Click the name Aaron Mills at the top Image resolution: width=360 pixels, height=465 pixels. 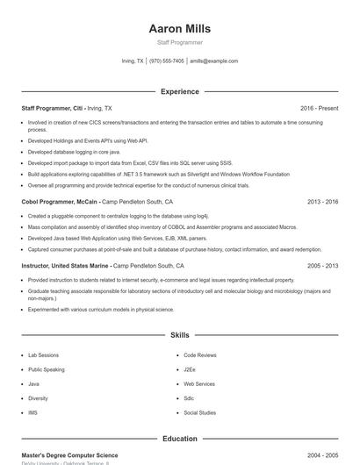(179, 29)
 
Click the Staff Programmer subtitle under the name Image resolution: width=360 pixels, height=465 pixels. (179, 42)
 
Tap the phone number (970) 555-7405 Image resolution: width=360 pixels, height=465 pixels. (167, 61)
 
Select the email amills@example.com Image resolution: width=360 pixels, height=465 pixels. (214, 61)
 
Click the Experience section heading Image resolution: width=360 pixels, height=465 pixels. (179, 91)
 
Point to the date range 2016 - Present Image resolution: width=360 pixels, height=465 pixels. (319, 108)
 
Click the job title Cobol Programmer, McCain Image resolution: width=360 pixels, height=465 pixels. (60, 202)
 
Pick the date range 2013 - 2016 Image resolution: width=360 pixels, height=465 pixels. (322, 202)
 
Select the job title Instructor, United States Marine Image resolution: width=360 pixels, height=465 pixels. (66, 266)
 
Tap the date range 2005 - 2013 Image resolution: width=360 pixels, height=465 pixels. (322, 266)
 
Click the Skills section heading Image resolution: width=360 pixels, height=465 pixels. (179, 335)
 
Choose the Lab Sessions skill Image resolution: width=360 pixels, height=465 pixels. (43, 355)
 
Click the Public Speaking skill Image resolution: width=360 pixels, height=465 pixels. (47, 369)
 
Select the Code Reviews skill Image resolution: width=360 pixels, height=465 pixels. (200, 355)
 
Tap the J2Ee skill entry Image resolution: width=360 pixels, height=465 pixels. (190, 369)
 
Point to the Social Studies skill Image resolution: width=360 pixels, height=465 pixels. (199, 412)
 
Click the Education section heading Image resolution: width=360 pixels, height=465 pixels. (179, 439)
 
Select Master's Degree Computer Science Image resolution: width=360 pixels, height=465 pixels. (69, 455)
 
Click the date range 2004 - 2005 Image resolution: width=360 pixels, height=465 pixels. (322, 455)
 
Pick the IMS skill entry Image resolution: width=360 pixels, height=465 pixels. (32, 412)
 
